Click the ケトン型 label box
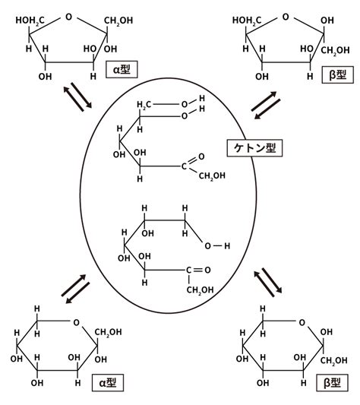tap(254, 148)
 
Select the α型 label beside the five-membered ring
tap(122, 69)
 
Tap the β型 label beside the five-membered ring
tap(337, 74)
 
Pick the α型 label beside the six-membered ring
tap(108, 382)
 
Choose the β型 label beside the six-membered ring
tap(332, 382)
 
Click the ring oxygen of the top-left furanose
tap(68, 17)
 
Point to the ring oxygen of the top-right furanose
tap(286, 17)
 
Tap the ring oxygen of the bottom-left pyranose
tap(76, 323)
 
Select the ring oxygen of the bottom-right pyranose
tap(302, 323)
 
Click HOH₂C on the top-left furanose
tap(30, 21)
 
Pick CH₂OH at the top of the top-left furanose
tap(118, 21)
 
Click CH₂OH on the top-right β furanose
tap(335, 51)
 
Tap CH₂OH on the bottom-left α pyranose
tap(108, 332)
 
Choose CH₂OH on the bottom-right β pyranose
tap(334, 361)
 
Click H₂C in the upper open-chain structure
tap(144, 105)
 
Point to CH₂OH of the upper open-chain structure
tap(212, 176)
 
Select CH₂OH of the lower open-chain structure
tap(201, 290)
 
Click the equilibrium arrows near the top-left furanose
tap(77, 97)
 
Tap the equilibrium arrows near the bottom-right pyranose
tap(268, 283)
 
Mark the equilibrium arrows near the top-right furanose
tap(266, 106)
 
